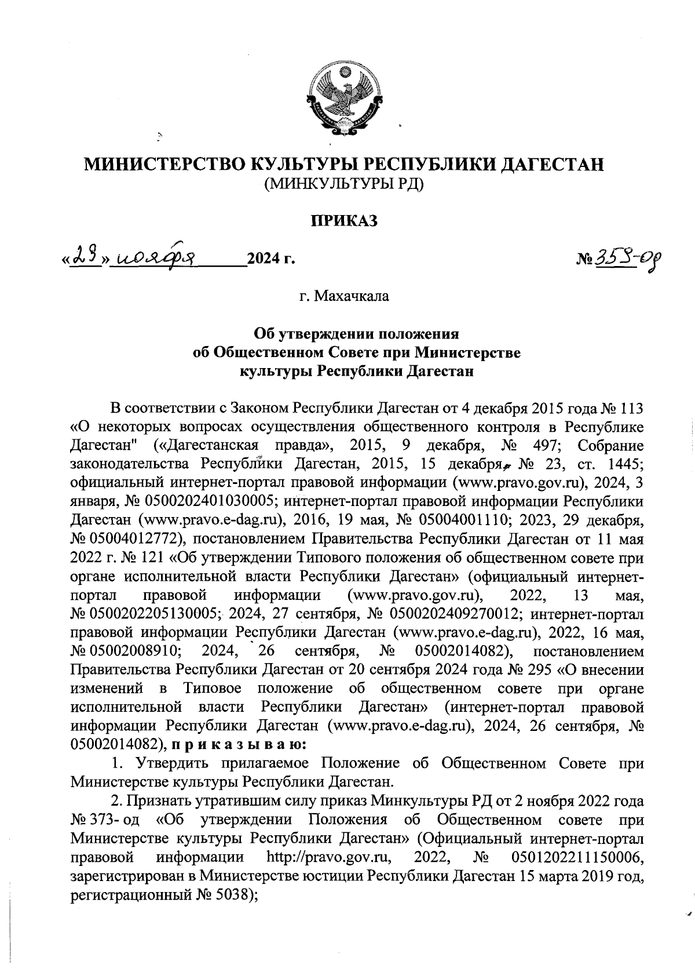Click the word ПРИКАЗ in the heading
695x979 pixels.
(x=345, y=220)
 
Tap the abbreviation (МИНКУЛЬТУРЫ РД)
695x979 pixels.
(x=345, y=185)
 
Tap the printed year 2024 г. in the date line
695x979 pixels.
(x=271, y=260)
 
